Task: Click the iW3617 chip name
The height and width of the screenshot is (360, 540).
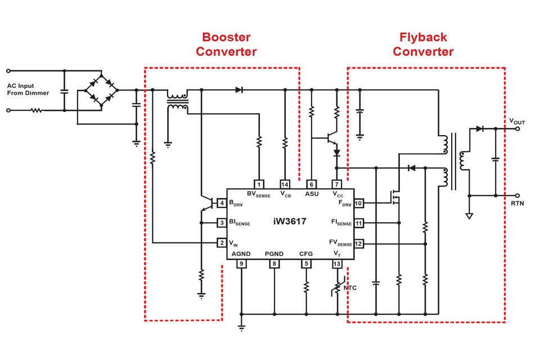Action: (x=290, y=222)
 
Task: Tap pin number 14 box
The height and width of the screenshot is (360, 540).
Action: (x=285, y=184)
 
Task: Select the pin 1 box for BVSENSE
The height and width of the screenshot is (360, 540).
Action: (x=259, y=184)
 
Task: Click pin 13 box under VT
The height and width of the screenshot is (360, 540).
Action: (x=337, y=264)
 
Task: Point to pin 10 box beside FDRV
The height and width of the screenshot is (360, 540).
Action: (x=358, y=203)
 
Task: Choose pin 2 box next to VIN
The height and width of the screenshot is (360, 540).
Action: (x=222, y=243)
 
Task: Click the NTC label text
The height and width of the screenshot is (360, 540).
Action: (x=350, y=287)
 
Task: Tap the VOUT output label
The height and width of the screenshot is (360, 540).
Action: (x=517, y=121)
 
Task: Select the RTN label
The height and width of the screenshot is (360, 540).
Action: (x=517, y=203)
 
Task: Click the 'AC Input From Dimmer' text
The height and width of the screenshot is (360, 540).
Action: (x=28, y=89)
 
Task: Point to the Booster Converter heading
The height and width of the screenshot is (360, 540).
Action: (x=226, y=44)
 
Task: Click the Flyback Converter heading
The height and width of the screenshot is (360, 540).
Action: (x=423, y=44)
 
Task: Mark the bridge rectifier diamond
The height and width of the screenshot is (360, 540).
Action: (x=101, y=90)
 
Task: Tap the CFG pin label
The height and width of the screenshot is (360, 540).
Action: (x=306, y=254)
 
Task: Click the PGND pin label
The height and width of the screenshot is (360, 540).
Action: (x=274, y=254)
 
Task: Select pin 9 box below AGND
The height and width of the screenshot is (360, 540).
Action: (x=241, y=264)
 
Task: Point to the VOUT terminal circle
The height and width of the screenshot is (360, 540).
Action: (x=517, y=129)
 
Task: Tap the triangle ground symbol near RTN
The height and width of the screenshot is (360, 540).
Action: (x=469, y=216)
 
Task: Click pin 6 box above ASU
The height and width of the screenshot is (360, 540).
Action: (x=311, y=184)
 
